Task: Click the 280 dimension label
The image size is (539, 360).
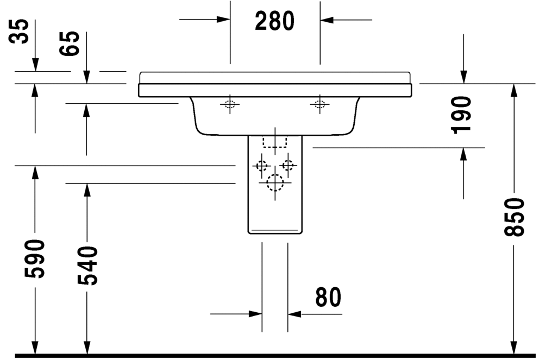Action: [x=274, y=21]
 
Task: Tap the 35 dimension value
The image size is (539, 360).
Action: [x=18, y=31]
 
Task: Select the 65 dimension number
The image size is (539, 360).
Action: [x=69, y=43]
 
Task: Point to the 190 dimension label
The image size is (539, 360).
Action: [x=461, y=115]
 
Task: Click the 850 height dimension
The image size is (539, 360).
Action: [x=514, y=217]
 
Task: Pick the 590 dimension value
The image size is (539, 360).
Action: [x=35, y=258]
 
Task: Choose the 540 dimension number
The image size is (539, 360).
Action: [x=87, y=266]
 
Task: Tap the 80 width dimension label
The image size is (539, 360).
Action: [x=328, y=297]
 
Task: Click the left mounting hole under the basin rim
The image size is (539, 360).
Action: [x=230, y=104]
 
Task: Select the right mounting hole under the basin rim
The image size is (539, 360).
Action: [x=319, y=104]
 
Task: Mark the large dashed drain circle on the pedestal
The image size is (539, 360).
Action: [x=275, y=183]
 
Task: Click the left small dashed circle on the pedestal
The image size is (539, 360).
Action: [x=262, y=166]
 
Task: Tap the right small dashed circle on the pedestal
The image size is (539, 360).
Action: [x=288, y=166]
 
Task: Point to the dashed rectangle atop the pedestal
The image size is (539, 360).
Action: [x=274, y=142]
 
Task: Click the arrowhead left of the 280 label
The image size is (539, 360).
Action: [x=223, y=19]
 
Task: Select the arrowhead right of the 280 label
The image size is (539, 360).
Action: [x=327, y=20]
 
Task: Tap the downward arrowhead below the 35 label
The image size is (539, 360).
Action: [x=35, y=65]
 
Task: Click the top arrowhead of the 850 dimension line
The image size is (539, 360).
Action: [x=514, y=90]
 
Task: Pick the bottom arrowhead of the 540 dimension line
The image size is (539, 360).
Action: [x=87, y=348]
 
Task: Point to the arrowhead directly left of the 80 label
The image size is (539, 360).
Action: [x=255, y=314]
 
